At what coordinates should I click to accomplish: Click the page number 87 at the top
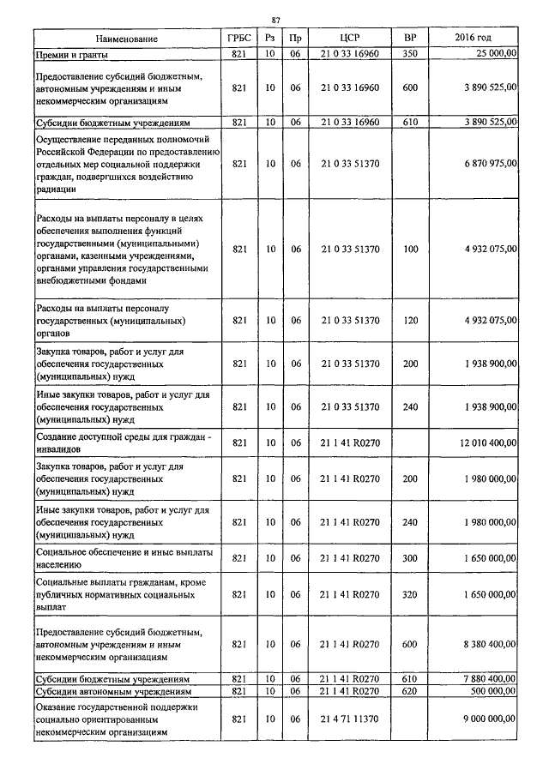point(275,19)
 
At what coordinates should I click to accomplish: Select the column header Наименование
point(127,39)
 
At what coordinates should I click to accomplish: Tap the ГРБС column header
point(239,39)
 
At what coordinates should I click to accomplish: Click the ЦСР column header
point(348,39)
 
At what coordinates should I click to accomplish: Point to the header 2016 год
point(472,39)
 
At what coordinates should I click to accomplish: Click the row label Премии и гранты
point(73,54)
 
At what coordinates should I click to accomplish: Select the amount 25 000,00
point(492,54)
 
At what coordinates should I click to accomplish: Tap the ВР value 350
point(409,54)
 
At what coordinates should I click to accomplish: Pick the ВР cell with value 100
point(409,250)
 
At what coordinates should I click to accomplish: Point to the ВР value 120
point(409,320)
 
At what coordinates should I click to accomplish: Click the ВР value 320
point(409,593)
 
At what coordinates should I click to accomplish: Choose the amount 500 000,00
point(490,691)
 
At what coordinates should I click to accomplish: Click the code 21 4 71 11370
point(348,721)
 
